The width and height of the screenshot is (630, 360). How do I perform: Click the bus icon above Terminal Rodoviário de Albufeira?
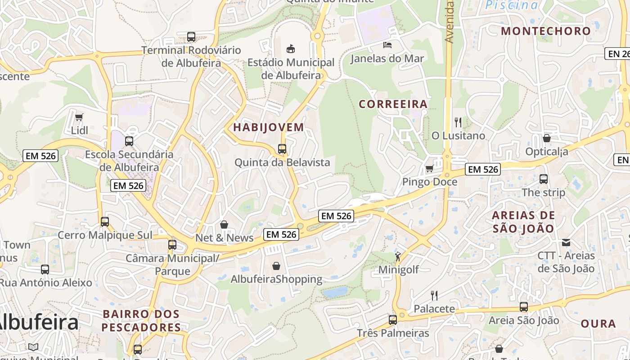(191, 36)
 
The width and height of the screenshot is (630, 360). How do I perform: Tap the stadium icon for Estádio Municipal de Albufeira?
(291, 48)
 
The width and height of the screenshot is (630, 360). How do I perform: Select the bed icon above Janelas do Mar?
(387, 45)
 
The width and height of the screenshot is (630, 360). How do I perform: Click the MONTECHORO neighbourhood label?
(545, 31)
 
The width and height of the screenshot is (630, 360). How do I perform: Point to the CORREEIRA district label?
(393, 104)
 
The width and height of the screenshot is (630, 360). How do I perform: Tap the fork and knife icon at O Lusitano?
(458, 122)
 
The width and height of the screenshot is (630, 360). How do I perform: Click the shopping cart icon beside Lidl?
(79, 117)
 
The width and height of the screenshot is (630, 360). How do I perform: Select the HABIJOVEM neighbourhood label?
(269, 127)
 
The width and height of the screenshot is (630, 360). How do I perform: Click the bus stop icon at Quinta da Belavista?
(282, 148)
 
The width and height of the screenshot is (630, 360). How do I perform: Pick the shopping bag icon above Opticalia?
(547, 138)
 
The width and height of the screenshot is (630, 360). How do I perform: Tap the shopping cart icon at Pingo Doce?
(430, 168)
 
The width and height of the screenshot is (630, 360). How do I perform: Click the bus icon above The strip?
(543, 179)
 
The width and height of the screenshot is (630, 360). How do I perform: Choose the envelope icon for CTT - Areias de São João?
(566, 243)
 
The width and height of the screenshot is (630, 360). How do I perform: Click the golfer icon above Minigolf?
(398, 256)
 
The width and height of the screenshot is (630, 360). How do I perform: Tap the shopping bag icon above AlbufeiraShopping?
(276, 266)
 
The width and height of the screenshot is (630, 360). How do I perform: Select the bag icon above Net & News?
(224, 224)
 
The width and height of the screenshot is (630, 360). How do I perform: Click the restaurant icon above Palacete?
(434, 295)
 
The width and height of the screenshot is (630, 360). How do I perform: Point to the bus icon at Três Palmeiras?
(393, 319)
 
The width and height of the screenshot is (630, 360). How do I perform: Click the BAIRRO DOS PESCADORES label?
(141, 320)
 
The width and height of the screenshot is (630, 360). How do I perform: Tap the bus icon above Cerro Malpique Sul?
(105, 221)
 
